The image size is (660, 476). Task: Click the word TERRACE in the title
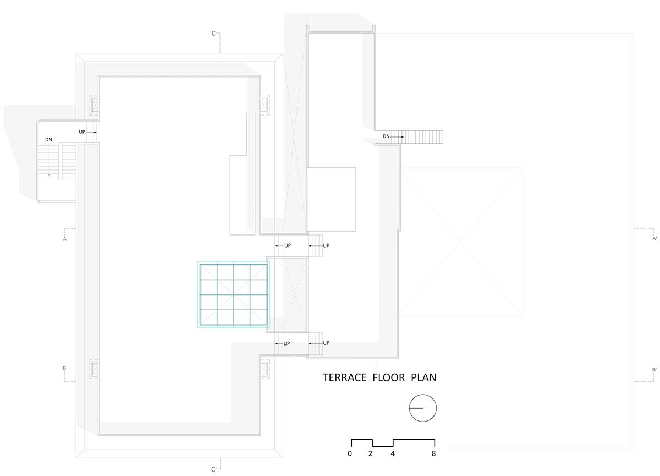[x=345, y=378]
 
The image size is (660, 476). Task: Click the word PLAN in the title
[x=424, y=378]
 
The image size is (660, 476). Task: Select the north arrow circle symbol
[x=423, y=408]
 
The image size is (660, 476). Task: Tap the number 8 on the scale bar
[x=434, y=453]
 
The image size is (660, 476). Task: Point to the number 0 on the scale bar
[x=350, y=453]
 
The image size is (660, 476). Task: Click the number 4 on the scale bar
[x=393, y=453]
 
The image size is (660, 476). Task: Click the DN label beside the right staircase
[x=386, y=136]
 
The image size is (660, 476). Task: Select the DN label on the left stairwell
[x=48, y=140]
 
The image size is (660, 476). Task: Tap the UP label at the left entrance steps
[x=82, y=132]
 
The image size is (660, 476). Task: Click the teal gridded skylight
[x=233, y=295]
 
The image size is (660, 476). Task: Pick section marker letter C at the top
[x=213, y=34]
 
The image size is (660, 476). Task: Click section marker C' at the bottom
[x=214, y=469]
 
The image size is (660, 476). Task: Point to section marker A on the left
[x=65, y=239]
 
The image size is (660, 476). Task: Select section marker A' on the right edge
[x=654, y=238]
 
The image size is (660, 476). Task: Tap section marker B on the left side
[x=64, y=368]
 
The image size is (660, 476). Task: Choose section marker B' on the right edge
[x=654, y=370]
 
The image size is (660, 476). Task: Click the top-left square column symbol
[x=95, y=105]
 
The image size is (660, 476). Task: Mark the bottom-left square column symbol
[x=95, y=369]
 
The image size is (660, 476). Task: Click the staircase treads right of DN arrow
[x=417, y=137]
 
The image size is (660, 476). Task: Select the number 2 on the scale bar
[x=370, y=453]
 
